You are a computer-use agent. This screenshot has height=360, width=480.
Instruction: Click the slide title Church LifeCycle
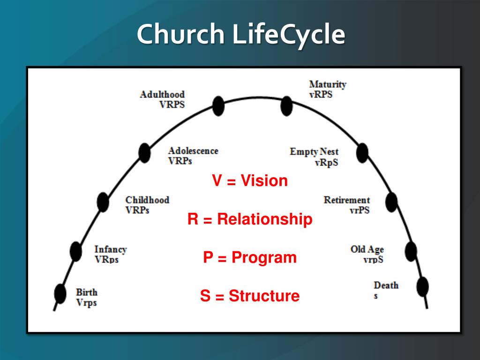pos(240,34)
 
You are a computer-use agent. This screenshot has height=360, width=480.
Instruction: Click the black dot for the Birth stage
pos(60,293)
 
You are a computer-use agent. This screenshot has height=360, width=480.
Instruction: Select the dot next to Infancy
pos(75,251)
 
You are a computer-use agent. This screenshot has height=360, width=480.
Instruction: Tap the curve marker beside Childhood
pos(103,202)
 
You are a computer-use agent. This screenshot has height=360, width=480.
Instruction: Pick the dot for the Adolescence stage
pos(145,153)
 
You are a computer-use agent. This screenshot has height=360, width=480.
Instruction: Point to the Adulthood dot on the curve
pos(218,106)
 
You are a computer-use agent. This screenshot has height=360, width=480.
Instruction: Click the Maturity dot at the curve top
pos(286,106)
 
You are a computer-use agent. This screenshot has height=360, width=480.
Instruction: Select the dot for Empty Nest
pos(362,153)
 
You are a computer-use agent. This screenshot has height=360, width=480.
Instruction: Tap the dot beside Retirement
pos(391,202)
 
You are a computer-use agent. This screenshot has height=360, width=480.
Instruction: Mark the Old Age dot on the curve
pos(411,251)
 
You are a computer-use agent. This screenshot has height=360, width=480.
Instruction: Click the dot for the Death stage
pos(422,286)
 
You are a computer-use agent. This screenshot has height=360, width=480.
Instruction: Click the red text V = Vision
pos(250,181)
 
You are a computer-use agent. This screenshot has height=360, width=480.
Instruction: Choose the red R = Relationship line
pos(250,219)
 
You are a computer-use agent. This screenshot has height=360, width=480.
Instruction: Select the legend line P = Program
pos(250,258)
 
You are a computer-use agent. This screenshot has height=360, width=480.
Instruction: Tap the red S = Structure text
pos(250,296)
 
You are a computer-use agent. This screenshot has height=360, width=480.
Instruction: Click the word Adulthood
pos(162,95)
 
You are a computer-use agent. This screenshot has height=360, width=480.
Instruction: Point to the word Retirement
pos(346,200)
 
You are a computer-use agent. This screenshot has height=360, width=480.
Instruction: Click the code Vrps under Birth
pos(86,303)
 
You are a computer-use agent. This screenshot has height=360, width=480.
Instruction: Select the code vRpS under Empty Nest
pos(326,163)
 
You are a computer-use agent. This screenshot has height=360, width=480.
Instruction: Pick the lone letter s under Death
pos(375,296)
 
